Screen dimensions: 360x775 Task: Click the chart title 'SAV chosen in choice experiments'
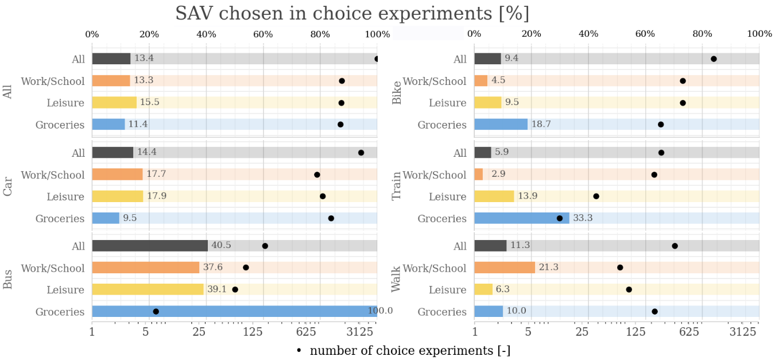[x=352, y=13]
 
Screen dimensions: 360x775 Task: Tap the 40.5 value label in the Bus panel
[x=221, y=246]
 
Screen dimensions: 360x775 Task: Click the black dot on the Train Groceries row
[x=560, y=218]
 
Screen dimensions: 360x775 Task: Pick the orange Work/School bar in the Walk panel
[x=505, y=268]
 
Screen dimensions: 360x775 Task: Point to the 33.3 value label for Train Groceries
[x=583, y=218]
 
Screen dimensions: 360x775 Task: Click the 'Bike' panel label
[x=396, y=92]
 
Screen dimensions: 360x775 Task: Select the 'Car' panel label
[x=8, y=185]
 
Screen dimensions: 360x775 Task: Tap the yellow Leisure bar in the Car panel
[x=117, y=196]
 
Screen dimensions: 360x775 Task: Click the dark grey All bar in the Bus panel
[x=150, y=246]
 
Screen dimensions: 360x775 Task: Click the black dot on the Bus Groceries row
[x=156, y=311]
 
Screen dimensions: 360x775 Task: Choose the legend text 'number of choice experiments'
[x=410, y=350]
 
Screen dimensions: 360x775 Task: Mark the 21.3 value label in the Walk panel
[x=548, y=268]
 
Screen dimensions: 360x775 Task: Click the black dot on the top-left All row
[x=377, y=59]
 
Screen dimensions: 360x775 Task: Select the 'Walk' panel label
[x=396, y=278]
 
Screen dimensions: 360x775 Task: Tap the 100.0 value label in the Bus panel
[x=380, y=311]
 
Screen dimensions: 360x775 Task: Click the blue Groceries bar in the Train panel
[x=522, y=218]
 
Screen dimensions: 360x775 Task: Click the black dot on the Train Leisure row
[x=596, y=196]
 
